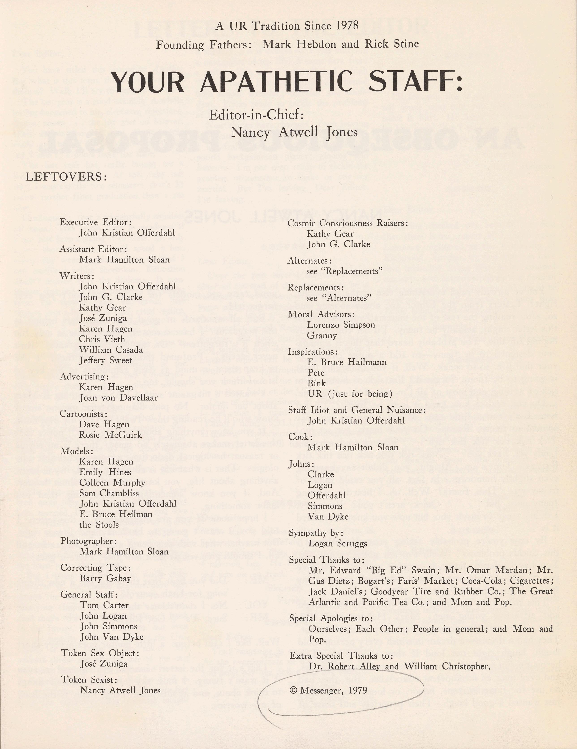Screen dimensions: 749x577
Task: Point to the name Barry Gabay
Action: click(105, 578)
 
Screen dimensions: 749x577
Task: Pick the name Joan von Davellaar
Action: click(118, 398)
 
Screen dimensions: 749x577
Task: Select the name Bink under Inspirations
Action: click(316, 383)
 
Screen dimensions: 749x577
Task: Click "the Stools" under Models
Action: click(99, 525)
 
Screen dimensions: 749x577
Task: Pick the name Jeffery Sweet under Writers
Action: click(105, 360)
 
